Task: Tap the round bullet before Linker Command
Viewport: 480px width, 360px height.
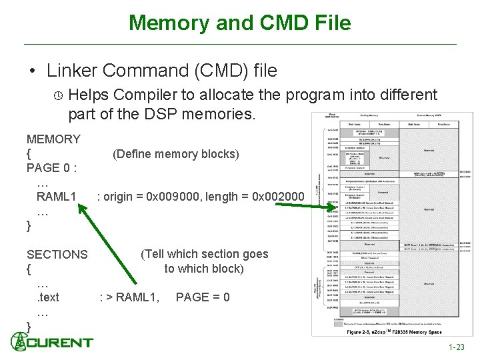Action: [x=31, y=70]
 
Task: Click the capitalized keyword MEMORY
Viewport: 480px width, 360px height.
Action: [x=53, y=139]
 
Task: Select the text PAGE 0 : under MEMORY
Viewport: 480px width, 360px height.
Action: [x=51, y=168]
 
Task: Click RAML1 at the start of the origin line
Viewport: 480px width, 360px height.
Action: [x=56, y=197]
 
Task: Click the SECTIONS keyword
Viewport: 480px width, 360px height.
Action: [x=57, y=255]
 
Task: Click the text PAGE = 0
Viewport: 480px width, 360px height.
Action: [x=203, y=297]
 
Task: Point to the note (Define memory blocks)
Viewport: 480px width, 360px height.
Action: [x=176, y=154]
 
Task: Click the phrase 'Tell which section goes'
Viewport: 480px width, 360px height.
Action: [x=204, y=254]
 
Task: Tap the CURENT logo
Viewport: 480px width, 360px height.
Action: [x=52, y=343]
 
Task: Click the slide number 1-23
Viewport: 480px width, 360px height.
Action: [x=457, y=347]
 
